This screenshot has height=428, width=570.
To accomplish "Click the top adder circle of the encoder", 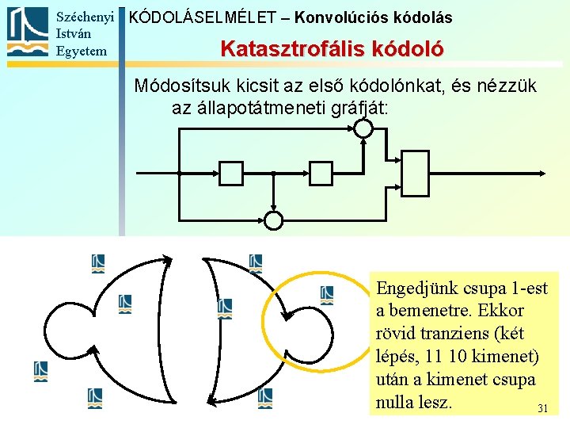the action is click(363, 127).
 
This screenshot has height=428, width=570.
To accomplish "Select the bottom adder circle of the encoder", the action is click(272, 220).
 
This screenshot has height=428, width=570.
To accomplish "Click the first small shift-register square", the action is click(230, 172).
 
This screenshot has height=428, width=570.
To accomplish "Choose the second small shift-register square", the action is click(321, 172).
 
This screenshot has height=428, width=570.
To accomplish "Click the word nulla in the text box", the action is click(397, 403).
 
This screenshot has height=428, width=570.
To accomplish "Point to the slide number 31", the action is click(542, 409).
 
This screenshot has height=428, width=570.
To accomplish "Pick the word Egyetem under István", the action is click(81, 51).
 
